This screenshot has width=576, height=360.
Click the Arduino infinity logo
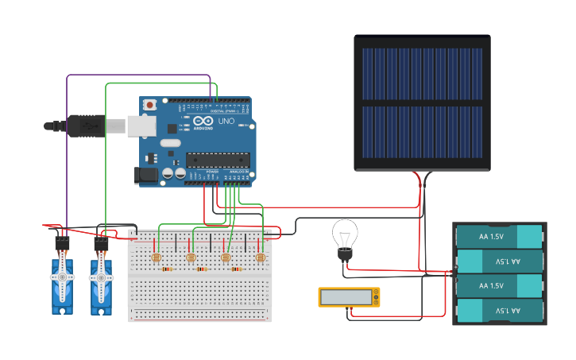(202, 122)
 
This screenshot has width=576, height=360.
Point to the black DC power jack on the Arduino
(147, 174)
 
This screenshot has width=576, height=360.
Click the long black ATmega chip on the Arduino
(218, 160)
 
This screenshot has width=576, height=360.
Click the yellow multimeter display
(349, 297)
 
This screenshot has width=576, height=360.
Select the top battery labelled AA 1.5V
(499, 237)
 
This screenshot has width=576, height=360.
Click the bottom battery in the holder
(499, 310)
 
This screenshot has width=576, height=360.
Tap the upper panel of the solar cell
(422, 73)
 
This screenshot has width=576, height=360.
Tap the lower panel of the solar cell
(422, 132)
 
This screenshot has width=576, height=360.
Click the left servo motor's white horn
(62, 277)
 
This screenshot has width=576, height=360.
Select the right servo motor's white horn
(101, 277)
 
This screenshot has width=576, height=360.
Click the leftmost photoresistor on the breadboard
(156, 258)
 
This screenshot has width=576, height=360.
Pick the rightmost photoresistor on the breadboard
(260, 257)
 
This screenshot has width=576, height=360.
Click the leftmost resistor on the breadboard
(167, 269)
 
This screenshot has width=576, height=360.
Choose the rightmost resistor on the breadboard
(236, 269)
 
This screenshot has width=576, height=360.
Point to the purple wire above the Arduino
(139, 76)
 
